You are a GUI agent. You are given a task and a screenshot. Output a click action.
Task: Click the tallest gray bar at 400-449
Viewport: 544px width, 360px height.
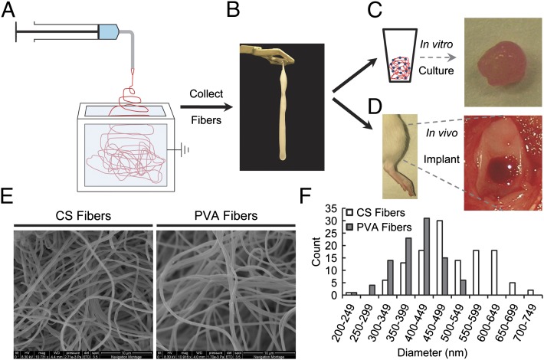click(425, 258)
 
